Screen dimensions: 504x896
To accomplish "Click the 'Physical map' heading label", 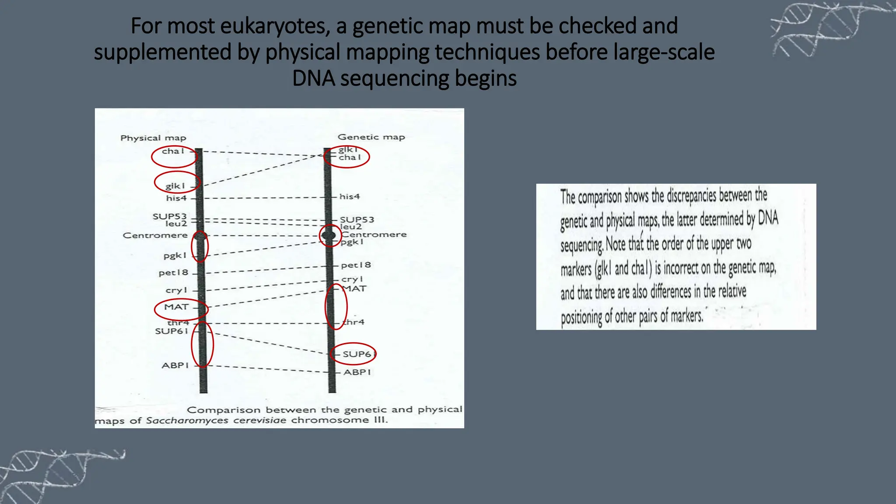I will click(x=153, y=138).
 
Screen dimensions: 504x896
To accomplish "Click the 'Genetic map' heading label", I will click(x=371, y=137).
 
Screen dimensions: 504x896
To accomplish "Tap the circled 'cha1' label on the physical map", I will click(x=173, y=151).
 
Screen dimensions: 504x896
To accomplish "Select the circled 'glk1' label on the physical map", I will click(x=175, y=186).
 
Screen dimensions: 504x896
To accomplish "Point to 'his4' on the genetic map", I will click(x=350, y=197).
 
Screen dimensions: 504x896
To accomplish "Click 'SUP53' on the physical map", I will click(x=169, y=216).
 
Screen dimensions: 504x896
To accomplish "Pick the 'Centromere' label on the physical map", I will click(x=155, y=235).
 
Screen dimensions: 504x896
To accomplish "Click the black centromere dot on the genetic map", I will click(x=329, y=235).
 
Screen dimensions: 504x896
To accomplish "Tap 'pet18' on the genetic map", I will click(x=356, y=265).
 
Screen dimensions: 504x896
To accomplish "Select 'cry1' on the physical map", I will click(x=176, y=290).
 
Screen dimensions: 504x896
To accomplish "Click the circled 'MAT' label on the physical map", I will click(x=176, y=307).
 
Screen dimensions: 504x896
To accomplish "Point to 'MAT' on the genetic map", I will click(x=354, y=289).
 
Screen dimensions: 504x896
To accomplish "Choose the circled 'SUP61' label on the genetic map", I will click(x=357, y=354).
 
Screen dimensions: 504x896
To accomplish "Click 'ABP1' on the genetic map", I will click(x=357, y=372).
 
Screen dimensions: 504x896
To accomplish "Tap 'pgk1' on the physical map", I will click(x=175, y=255).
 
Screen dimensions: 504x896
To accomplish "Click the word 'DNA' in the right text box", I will click(x=768, y=217).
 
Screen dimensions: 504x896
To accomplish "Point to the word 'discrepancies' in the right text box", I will click(x=691, y=196).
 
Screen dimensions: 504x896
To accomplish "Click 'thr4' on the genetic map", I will click(x=353, y=322).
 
